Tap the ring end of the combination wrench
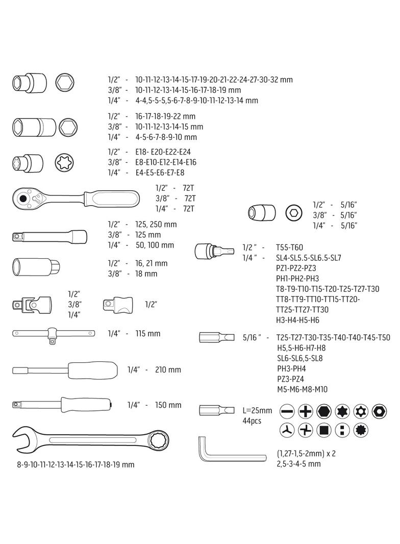pyautogui.click(x=157, y=438)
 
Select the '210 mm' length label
pyautogui.click(x=168, y=369)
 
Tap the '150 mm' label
pyautogui.click(x=168, y=405)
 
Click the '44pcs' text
pyautogui.click(x=252, y=421)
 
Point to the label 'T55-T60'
pyautogui.click(x=289, y=247)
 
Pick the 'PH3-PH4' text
pyautogui.click(x=291, y=368)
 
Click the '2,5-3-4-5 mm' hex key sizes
pyautogui.click(x=299, y=464)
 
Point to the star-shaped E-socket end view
pyautogui.click(x=64, y=162)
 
